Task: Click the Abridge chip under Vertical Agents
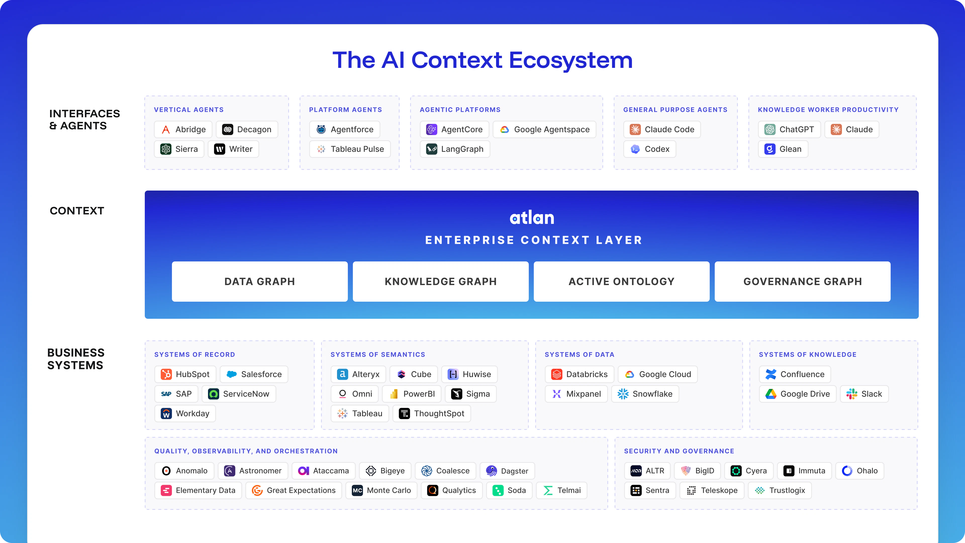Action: coord(183,129)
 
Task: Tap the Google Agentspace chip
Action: coord(544,129)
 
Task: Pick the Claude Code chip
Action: coord(662,129)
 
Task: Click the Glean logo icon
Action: coord(769,149)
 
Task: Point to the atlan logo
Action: coord(532,218)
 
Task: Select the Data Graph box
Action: coord(260,282)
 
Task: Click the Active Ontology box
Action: coord(621,282)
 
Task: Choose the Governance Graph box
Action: coord(802,282)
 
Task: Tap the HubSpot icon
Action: coord(166,374)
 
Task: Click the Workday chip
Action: coord(185,413)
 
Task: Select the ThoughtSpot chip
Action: coord(431,413)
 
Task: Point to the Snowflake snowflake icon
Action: coord(623,394)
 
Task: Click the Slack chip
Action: coord(864,394)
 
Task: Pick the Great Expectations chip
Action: coord(294,490)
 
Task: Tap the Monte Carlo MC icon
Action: coord(357,490)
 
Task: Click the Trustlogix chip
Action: coord(780,490)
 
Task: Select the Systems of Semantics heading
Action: coord(378,354)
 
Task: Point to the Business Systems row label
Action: coord(76,359)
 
